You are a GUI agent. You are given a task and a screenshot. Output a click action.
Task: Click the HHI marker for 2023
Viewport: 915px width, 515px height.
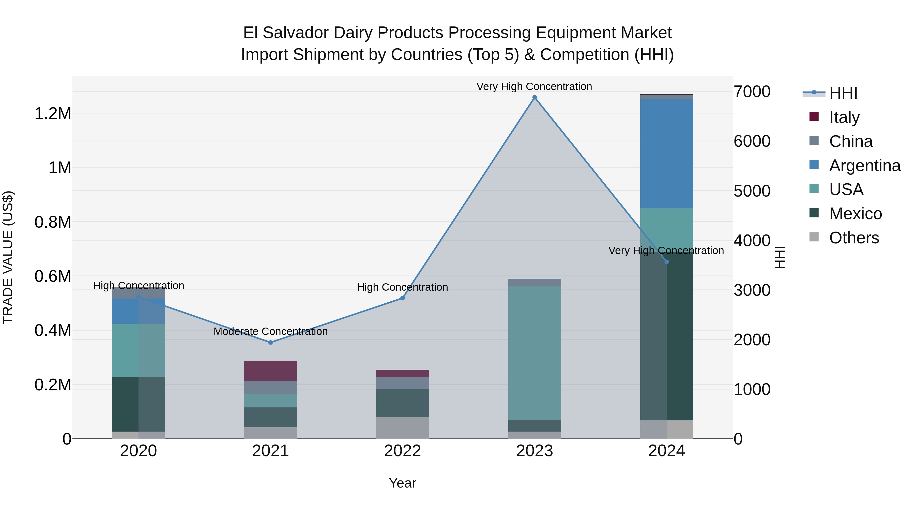coord(534,97)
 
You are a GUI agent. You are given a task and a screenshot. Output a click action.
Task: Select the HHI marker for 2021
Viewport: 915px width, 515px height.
coord(270,343)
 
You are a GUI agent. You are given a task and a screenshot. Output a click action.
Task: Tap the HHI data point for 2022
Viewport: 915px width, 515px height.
coord(402,298)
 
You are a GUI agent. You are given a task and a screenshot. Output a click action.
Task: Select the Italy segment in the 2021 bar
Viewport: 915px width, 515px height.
coord(270,371)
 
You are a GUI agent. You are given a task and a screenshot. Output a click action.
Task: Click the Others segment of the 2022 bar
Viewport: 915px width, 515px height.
coord(402,428)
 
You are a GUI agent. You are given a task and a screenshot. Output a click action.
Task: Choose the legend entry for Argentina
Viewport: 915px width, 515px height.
coord(865,166)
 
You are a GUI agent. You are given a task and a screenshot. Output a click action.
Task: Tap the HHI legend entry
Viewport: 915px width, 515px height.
coord(843,93)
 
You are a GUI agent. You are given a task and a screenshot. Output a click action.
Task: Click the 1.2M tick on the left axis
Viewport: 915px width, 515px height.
coord(53,114)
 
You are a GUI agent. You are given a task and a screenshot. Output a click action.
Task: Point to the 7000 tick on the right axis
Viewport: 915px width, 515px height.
coord(752,92)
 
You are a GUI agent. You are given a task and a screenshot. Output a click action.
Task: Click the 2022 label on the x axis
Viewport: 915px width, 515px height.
coord(402,451)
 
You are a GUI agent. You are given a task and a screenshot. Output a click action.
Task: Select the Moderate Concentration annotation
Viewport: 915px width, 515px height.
coord(270,331)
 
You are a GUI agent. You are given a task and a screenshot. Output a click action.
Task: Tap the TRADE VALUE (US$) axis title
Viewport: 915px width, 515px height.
coord(8,257)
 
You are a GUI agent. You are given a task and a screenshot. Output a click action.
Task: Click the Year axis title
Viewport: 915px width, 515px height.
coord(402,483)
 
